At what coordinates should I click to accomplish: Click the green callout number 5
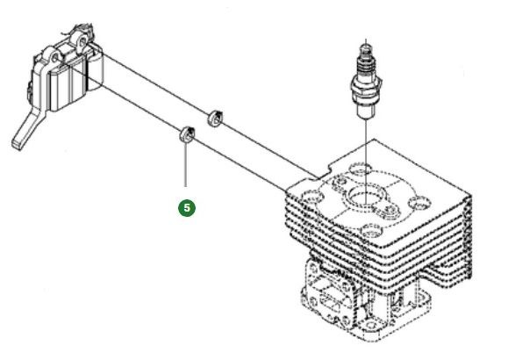pos(187,209)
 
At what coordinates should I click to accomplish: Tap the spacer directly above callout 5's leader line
pos(185,134)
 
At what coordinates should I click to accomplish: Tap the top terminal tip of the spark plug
pos(365,45)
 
